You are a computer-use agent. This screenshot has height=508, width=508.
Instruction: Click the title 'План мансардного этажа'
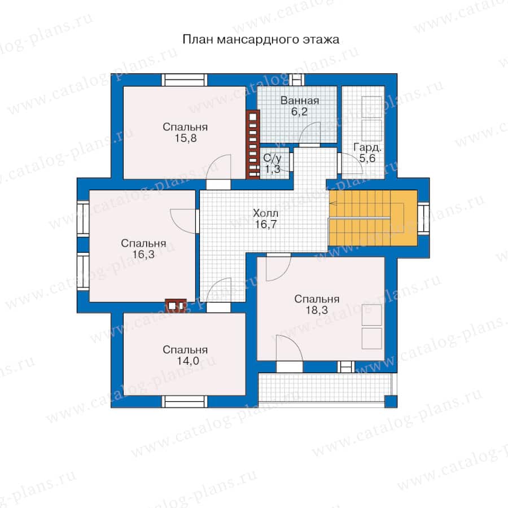click(261, 40)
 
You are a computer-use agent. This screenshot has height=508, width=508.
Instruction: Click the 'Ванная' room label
click(300, 100)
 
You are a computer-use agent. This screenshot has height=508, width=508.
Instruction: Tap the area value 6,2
click(299, 112)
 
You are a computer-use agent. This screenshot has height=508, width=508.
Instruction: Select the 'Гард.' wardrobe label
click(367, 147)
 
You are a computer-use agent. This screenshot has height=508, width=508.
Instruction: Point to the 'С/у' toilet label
click(272, 158)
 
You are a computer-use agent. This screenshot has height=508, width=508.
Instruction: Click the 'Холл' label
click(265, 213)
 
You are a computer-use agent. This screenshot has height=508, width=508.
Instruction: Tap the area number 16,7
click(265, 224)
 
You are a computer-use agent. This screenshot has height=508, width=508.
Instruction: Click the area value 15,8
click(186, 138)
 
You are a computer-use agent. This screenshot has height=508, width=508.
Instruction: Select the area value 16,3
click(143, 255)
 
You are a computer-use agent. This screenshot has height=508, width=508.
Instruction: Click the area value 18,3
click(317, 310)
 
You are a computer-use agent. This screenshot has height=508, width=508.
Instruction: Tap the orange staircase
click(373, 218)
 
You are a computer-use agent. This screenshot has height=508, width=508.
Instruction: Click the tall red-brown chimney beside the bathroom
click(253, 144)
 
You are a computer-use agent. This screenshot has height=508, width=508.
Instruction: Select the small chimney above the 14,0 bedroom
click(176, 305)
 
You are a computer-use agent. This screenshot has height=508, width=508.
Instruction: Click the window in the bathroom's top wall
click(297, 80)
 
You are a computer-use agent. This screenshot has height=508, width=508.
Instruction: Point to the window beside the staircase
click(423, 218)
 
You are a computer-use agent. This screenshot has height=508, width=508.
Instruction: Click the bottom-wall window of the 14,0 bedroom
click(185, 402)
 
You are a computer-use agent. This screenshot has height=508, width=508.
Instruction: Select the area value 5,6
click(367, 159)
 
